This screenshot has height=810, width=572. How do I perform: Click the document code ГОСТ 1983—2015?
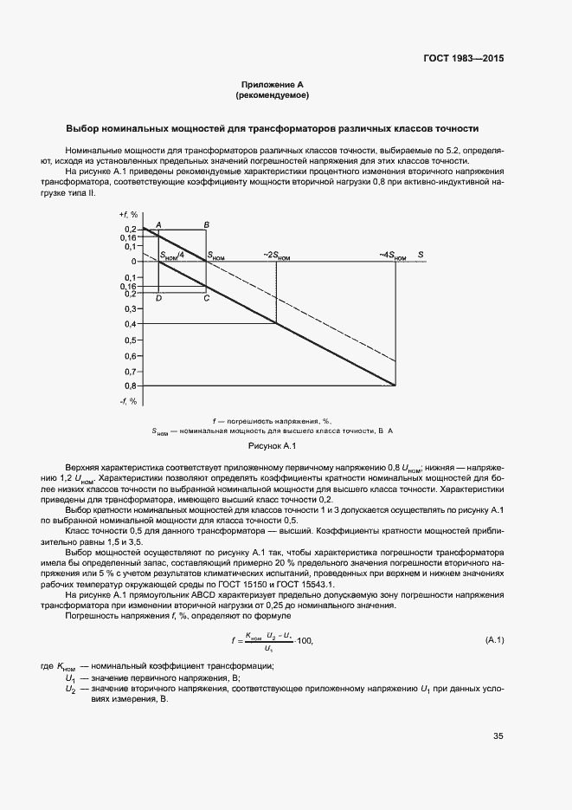coord(462,60)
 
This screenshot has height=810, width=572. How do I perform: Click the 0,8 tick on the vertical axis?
coord(131,386)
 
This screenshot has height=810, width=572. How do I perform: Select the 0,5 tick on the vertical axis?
coord(131,340)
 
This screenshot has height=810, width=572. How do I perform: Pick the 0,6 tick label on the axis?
coord(131,355)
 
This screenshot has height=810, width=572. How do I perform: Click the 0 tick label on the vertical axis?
coord(134,262)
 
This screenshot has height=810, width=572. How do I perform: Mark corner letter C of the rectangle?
coord(206,298)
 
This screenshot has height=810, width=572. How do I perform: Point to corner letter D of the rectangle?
coord(158,298)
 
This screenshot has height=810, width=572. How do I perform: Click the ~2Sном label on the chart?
coord(276,255)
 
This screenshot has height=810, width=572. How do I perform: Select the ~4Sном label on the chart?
coord(394,255)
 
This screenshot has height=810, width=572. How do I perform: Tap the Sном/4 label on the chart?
coord(172,255)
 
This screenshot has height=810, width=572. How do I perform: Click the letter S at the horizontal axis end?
coord(421,255)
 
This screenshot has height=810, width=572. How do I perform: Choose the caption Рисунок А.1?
coord(273,446)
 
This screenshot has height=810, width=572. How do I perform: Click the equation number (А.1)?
coord(491,640)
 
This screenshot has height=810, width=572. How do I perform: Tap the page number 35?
coord(498,736)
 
